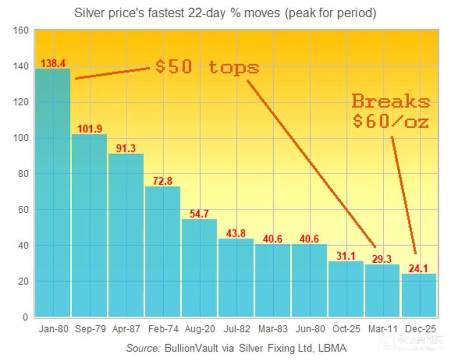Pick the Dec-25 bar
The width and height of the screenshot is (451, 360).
pyautogui.click(x=419, y=295)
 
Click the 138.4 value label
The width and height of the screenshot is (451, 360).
pyautogui.click(x=53, y=63)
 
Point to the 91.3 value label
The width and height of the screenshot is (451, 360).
pyautogui.click(x=126, y=148)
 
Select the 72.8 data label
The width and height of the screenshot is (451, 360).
pyautogui.click(x=162, y=181)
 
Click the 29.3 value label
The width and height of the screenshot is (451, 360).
pyautogui.click(x=383, y=259)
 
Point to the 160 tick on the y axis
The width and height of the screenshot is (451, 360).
pyautogui.click(x=22, y=31)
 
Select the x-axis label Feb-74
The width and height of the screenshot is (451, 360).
pyautogui.click(x=162, y=329)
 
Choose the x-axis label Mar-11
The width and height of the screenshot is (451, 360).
pyautogui.click(x=383, y=329)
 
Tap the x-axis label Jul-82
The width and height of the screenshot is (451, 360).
pyautogui.click(x=236, y=329)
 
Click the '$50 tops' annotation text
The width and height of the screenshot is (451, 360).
pyautogui.click(x=207, y=67)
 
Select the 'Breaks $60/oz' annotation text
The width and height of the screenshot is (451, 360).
pyautogui.click(x=391, y=111)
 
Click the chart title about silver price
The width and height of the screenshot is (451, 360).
pyautogui.click(x=225, y=13)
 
